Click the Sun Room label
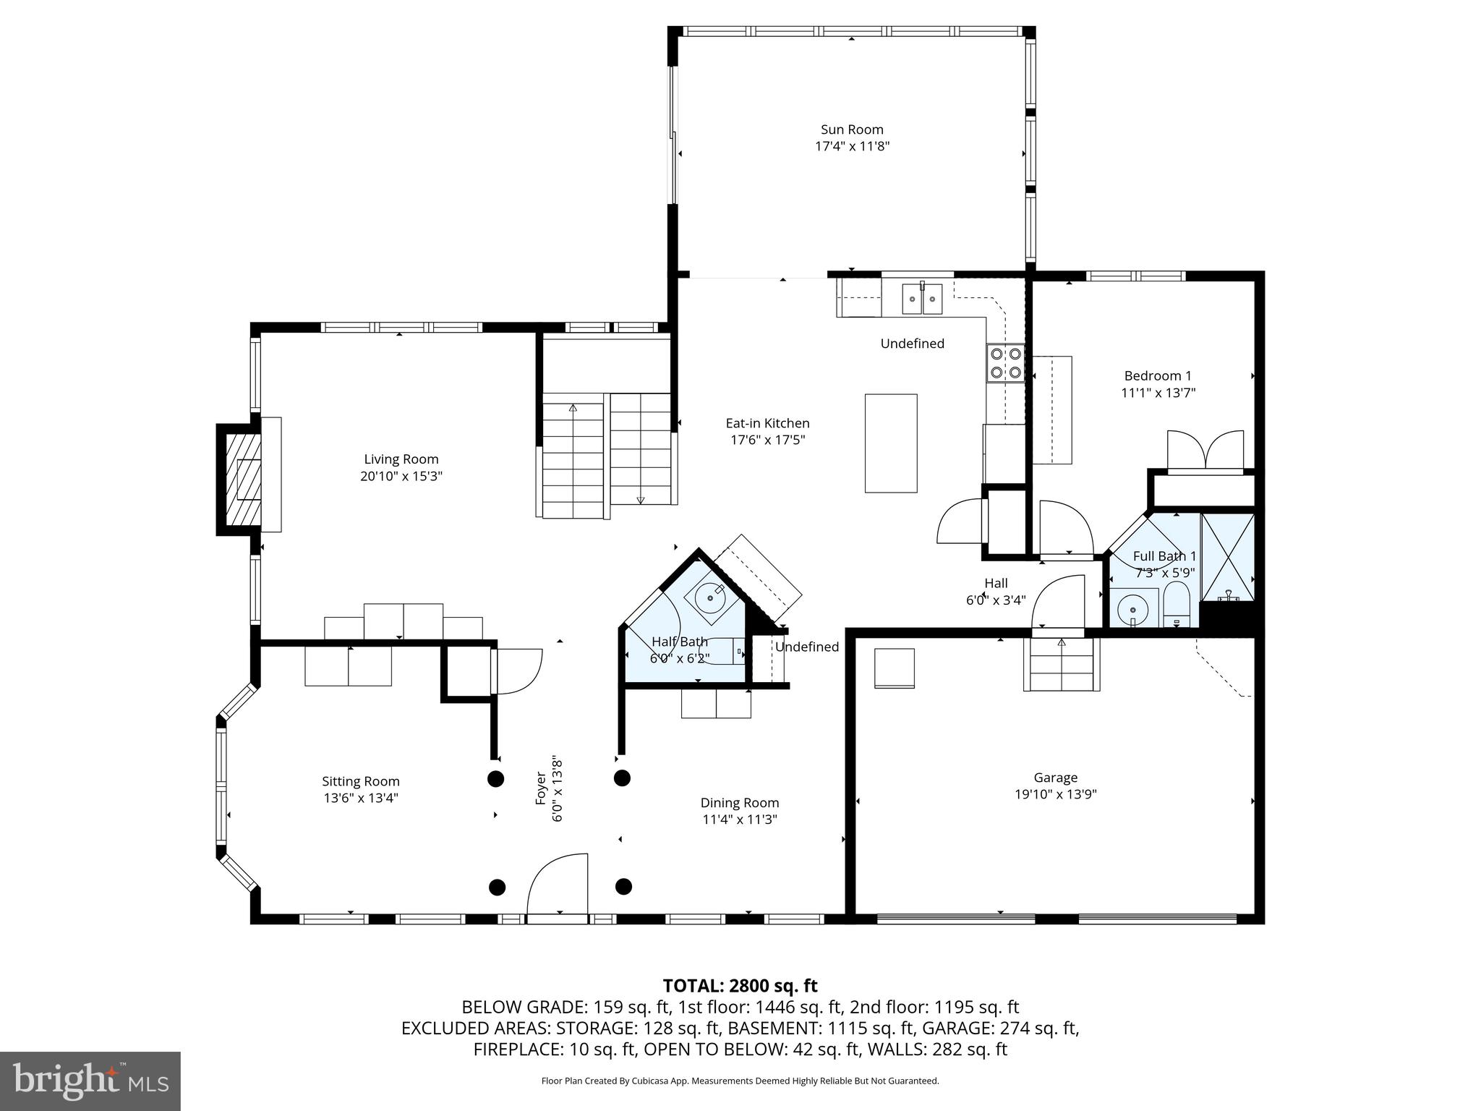[852, 130]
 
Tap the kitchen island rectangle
[891, 443]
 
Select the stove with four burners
[1006, 362]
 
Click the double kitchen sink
[922, 299]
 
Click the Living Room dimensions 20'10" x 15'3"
[401, 477]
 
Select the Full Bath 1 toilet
[1177, 608]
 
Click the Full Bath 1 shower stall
[1227, 557]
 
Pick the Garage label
[1055, 778]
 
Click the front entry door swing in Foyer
[558, 885]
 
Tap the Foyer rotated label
[548, 788]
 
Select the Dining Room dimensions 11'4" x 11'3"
[739, 820]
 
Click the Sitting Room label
[360, 781]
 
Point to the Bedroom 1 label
[1157, 376]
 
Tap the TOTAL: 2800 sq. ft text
[740, 986]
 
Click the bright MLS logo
[90, 1081]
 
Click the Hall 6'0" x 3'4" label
[995, 591]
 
